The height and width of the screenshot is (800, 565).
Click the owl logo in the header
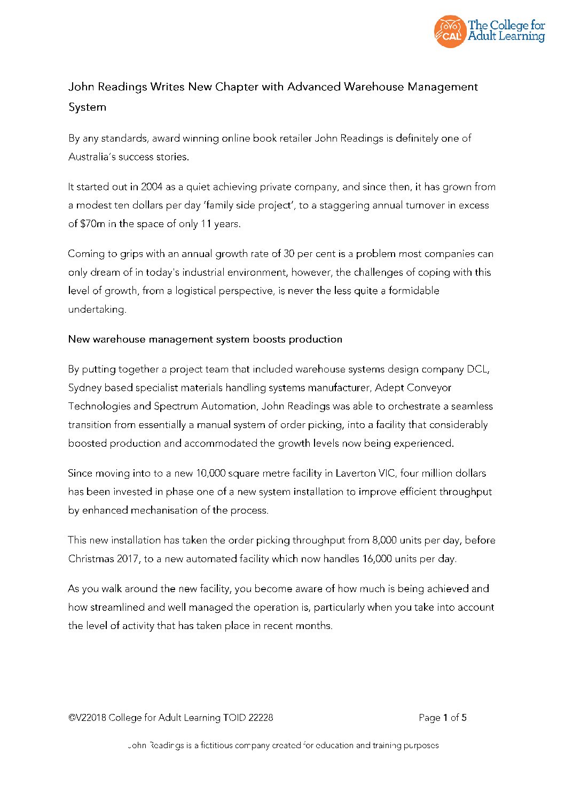[x=450, y=32]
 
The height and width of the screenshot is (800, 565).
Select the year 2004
[x=152, y=187]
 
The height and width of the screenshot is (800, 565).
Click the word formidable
[x=414, y=291]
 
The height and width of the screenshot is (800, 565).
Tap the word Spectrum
[x=176, y=406]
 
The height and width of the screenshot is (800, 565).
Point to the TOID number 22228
[x=261, y=718]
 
